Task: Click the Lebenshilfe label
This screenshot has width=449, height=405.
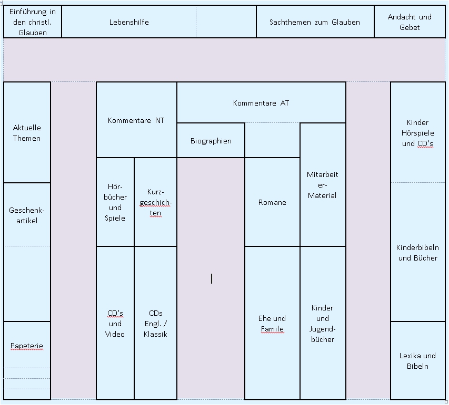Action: (129, 22)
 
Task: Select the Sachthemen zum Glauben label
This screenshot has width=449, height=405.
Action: (315, 22)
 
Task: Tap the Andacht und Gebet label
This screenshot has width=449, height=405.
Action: (410, 22)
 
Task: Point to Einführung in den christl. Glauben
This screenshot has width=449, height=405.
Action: (32, 22)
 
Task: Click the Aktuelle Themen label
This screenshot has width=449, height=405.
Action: (27, 133)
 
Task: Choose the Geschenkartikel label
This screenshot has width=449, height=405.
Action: (27, 215)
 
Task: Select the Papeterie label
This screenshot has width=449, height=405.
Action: (27, 346)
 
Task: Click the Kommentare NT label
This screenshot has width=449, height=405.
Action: (136, 120)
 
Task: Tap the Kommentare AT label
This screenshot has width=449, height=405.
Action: (261, 103)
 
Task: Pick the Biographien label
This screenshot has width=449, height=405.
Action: (211, 141)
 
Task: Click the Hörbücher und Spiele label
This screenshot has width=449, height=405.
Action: (115, 202)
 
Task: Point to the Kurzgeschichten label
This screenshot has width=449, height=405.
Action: (155, 202)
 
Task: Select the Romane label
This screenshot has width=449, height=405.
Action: (272, 202)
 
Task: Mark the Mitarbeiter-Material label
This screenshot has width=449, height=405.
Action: (323, 185)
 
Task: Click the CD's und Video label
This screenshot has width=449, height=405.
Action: (115, 324)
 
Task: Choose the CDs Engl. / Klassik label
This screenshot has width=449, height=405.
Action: (155, 324)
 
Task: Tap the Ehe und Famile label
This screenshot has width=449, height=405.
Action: (272, 324)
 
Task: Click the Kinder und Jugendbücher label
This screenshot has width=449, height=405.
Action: (323, 324)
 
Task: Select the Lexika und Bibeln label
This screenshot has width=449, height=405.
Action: (417, 361)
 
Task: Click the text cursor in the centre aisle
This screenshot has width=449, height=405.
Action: (212, 278)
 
